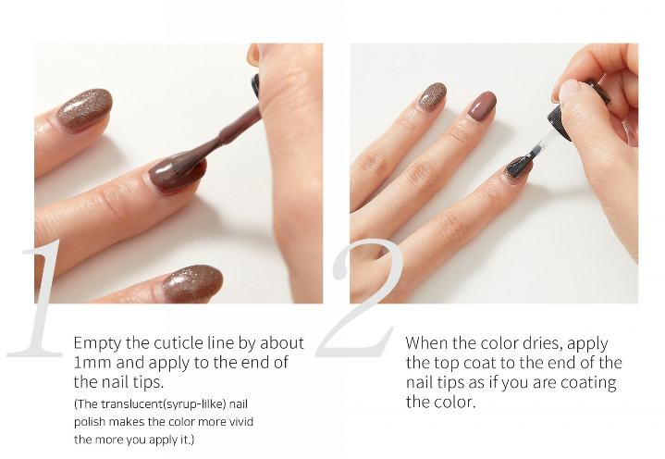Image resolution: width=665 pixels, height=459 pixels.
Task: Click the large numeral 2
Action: pyautogui.click(x=360, y=298)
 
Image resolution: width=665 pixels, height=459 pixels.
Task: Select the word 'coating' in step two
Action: pyautogui.click(x=588, y=383)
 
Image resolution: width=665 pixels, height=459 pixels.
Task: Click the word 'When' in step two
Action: pyautogui.click(x=426, y=342)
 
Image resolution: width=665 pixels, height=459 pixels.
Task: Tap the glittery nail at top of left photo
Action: pyautogui.click(x=85, y=110)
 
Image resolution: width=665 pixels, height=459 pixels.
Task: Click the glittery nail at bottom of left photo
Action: pyautogui.click(x=192, y=283)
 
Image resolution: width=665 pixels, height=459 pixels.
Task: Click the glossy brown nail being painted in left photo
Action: pyautogui.click(x=177, y=174)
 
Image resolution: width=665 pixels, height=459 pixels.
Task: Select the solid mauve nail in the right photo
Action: pyautogui.click(x=483, y=106)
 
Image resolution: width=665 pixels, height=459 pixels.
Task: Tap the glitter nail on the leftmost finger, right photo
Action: pyautogui.click(x=433, y=96)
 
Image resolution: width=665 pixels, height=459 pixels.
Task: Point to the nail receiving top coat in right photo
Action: pyautogui.click(x=519, y=168)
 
